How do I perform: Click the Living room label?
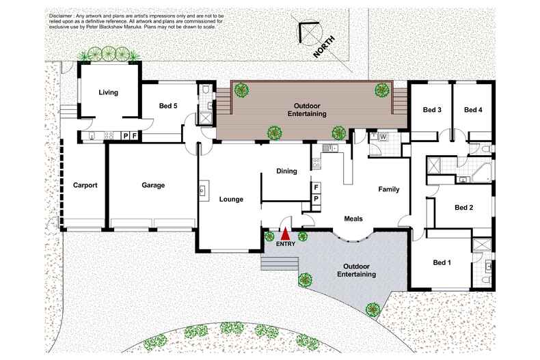[x=108, y=92]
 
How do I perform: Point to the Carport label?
[x=85, y=185]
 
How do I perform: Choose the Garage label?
[x=153, y=185]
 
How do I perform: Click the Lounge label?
[x=231, y=199]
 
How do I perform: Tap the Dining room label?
[x=286, y=171]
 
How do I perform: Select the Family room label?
[x=388, y=189]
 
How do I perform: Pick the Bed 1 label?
[x=442, y=262]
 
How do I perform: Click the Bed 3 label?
[x=431, y=110]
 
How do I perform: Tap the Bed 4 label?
[x=473, y=110]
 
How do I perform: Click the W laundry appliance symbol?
[x=383, y=137]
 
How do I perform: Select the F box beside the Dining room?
[x=316, y=186]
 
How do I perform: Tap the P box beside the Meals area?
[x=316, y=198]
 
